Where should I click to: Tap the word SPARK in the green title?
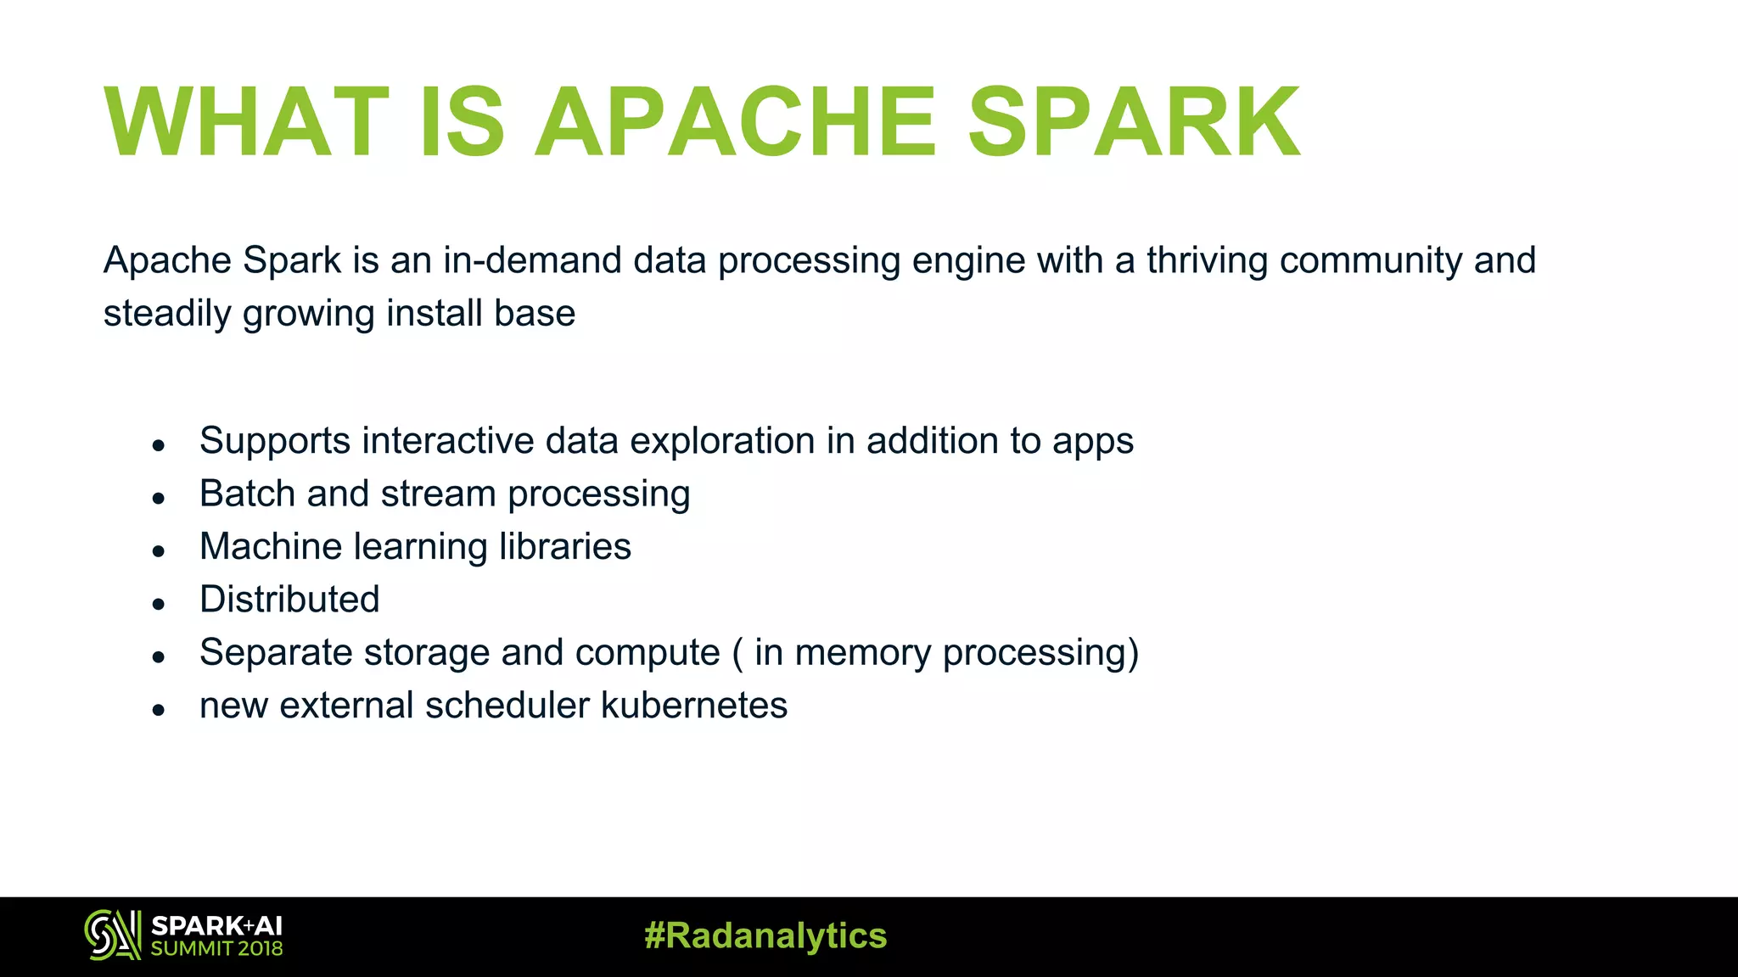(1133, 123)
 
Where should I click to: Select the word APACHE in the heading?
(735, 123)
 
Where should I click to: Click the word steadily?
(167, 314)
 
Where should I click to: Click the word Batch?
(247, 494)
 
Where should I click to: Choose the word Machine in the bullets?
(271, 547)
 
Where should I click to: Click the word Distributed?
(289, 600)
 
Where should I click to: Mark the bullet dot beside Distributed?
(158, 604)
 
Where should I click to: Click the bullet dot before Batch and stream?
(158, 498)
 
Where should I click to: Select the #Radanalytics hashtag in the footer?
(765, 936)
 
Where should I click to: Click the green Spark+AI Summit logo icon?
(112, 935)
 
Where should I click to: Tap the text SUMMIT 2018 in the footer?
(216, 949)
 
